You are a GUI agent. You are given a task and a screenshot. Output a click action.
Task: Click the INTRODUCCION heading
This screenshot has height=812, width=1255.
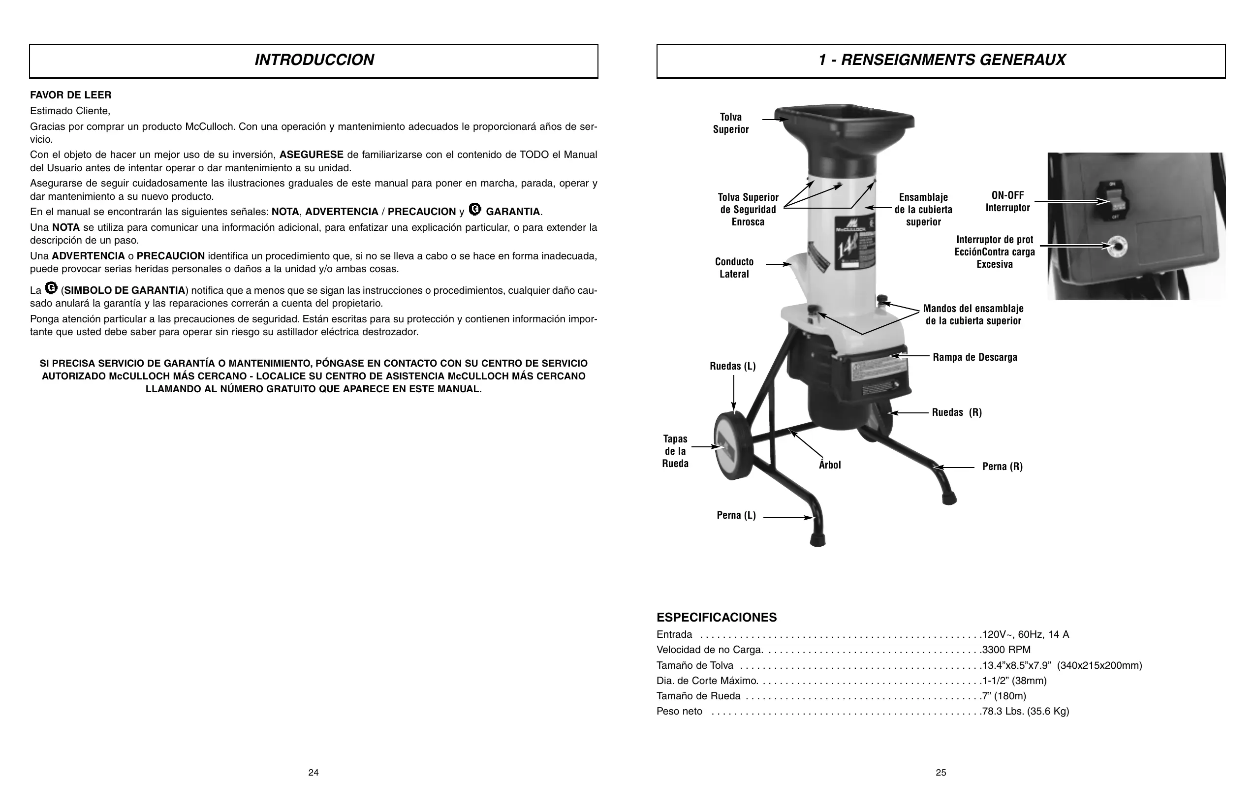[314, 60]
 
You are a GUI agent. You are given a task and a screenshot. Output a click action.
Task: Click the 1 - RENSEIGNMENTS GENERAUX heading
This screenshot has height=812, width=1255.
[941, 60]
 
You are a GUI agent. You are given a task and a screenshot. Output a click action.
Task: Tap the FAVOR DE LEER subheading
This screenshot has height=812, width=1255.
[71, 95]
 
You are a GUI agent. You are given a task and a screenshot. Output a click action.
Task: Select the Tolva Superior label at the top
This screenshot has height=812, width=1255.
[731, 124]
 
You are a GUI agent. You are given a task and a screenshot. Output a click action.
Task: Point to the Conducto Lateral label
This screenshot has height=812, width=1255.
[734, 268]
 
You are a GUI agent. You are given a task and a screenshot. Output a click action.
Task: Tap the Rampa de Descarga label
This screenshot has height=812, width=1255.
[974, 357]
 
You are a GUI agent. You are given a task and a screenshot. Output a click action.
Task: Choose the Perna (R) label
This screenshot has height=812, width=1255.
[1002, 467]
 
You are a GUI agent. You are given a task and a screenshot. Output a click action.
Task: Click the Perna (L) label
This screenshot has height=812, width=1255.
[736, 516]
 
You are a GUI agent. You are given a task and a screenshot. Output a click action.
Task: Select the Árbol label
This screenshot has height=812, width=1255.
[829, 465]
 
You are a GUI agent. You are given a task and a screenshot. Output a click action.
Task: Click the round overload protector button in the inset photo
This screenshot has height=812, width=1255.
[1116, 246]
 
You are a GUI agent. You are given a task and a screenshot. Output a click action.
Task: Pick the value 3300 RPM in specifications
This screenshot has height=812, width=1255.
[1006, 650]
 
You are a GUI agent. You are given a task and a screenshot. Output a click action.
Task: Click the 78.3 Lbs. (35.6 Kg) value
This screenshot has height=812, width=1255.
[1026, 712]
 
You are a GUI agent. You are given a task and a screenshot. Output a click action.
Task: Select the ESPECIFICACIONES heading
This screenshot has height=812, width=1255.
[716, 618]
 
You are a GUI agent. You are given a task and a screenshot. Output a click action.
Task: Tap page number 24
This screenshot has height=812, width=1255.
[313, 773]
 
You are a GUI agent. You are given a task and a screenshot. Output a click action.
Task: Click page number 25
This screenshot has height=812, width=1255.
[941, 773]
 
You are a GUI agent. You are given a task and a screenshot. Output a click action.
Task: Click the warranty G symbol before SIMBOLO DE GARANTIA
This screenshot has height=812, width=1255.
[51, 288]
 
